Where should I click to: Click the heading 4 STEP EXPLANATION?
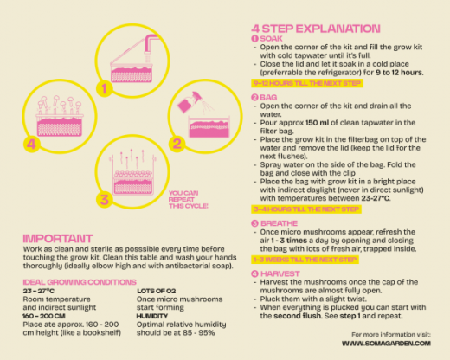click(316, 29)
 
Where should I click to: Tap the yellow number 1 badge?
click(104, 88)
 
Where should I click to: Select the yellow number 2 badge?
click(177, 144)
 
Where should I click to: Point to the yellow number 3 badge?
click(104, 200)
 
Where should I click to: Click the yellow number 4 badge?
click(31, 144)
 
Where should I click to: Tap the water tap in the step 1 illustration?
click(151, 45)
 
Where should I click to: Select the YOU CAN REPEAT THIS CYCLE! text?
click(188, 199)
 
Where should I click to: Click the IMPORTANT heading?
click(58, 239)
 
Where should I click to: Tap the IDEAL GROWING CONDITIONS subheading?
click(80, 282)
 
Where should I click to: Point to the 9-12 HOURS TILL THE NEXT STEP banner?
click(307, 83)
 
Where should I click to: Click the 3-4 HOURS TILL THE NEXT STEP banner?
click(306, 209)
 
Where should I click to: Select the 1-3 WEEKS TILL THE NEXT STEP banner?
click(305, 260)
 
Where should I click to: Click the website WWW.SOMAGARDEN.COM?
click(386, 344)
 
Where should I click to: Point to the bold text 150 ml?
click(317, 123)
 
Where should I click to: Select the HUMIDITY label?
click(152, 316)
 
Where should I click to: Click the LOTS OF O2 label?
click(156, 291)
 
